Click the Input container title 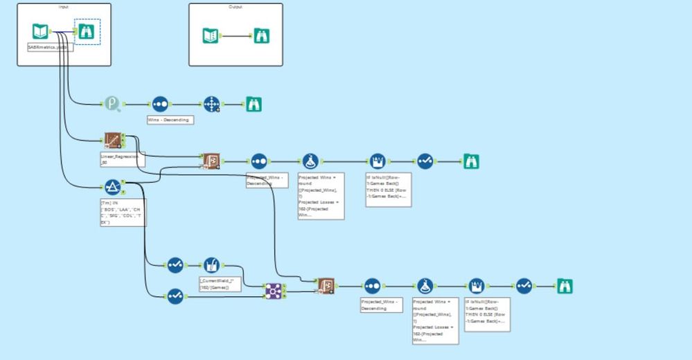click(x=64, y=7)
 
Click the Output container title click(x=236, y=7)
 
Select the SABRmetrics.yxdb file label click(x=44, y=47)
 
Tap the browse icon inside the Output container click(x=262, y=36)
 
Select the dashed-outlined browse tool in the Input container click(x=87, y=31)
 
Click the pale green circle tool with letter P click(x=113, y=104)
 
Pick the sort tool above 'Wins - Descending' click(x=160, y=104)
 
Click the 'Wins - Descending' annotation click(x=169, y=120)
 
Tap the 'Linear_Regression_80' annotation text click(x=119, y=160)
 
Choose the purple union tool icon click(x=274, y=291)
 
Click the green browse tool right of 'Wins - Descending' click(x=254, y=104)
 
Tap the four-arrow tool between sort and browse click(x=211, y=104)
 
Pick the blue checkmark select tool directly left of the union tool click(x=175, y=296)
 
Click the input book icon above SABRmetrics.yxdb click(x=41, y=31)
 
